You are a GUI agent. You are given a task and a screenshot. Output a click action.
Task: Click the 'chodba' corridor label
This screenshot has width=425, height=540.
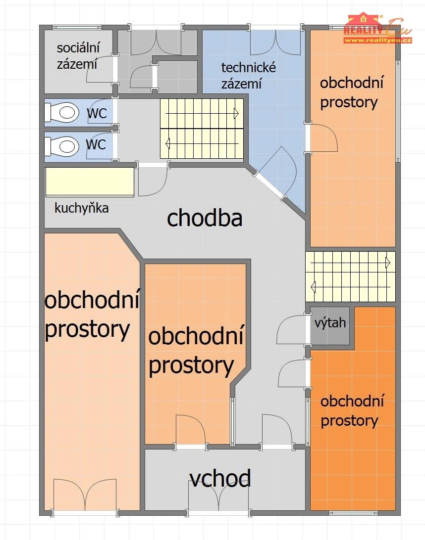coord(205,218)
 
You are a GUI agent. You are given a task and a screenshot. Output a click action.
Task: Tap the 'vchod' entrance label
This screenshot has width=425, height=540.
coord(220,478)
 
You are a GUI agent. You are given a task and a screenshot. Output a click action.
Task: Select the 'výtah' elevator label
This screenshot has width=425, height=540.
coord(330,323)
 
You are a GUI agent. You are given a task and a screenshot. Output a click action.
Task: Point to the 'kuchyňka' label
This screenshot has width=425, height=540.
coord(81,208)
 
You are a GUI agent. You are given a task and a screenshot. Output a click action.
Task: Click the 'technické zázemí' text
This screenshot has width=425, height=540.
coord(248,76)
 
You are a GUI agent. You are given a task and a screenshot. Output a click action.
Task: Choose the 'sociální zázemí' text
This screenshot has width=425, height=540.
coord(78,56)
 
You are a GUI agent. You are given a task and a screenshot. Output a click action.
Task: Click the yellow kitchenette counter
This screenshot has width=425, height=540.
coord(89,182)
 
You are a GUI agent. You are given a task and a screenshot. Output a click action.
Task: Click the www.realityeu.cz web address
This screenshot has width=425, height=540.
coord(378,40)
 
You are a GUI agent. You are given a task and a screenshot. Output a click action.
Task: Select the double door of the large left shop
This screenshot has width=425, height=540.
coord(85,495)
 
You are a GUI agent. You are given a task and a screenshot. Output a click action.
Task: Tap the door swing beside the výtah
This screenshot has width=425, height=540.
coord(291,329)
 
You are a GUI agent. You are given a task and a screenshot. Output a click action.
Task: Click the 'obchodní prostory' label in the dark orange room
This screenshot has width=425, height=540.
coord(352,411)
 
